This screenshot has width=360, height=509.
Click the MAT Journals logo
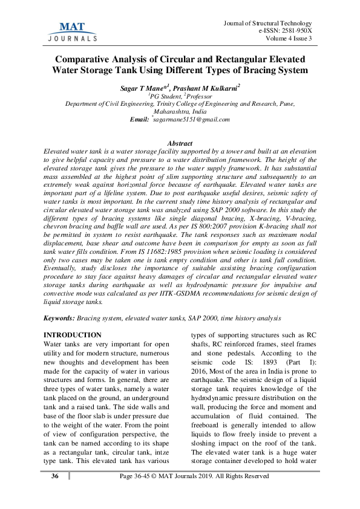(x=71, y=31)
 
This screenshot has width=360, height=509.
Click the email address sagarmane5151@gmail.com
(x=192, y=120)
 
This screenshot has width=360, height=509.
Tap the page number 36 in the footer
(x=55, y=476)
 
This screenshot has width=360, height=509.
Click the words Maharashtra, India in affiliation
(x=180, y=112)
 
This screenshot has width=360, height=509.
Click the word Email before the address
(x=139, y=120)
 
